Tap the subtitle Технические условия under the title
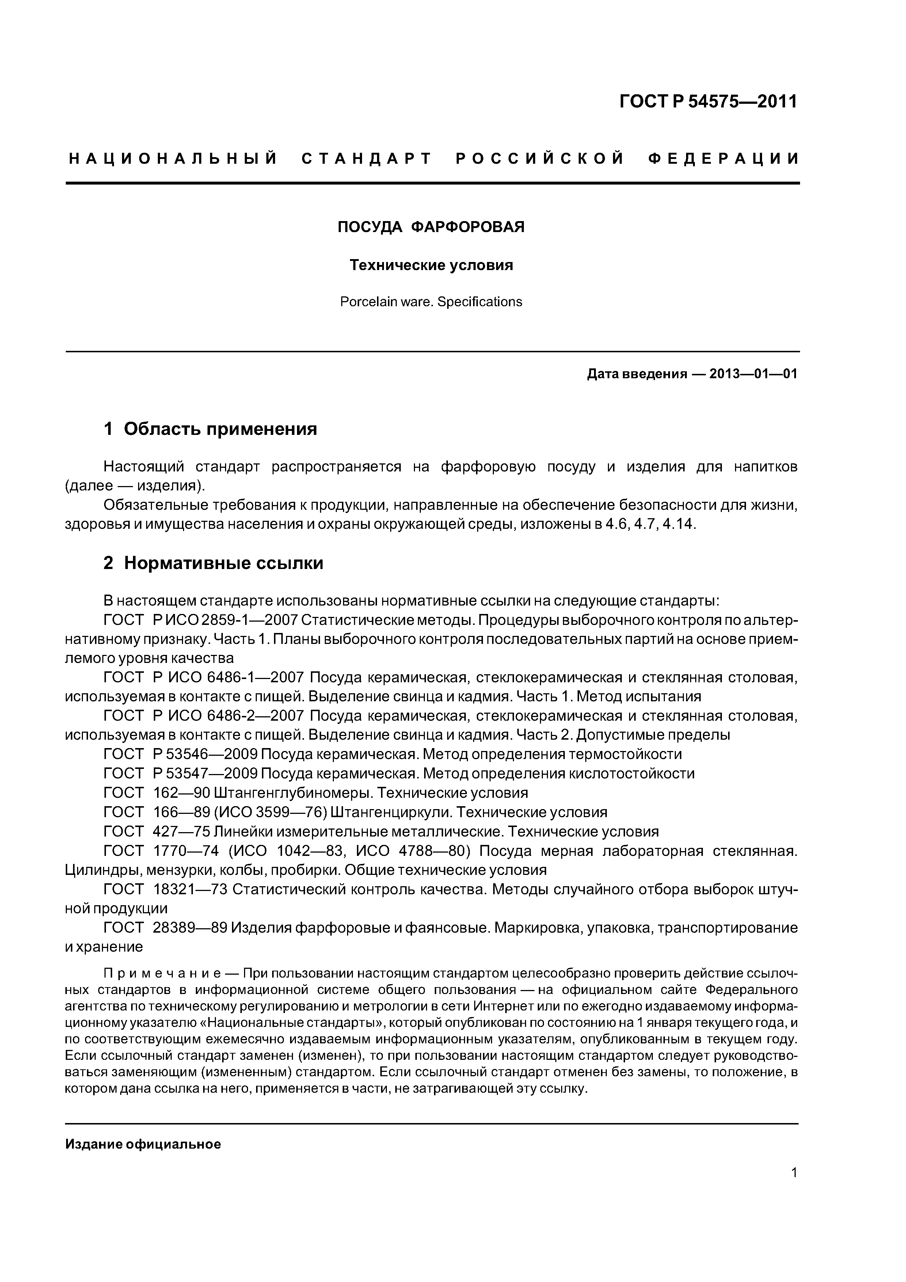[431, 265]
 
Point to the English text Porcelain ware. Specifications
[431, 302]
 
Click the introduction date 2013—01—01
[753, 374]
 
